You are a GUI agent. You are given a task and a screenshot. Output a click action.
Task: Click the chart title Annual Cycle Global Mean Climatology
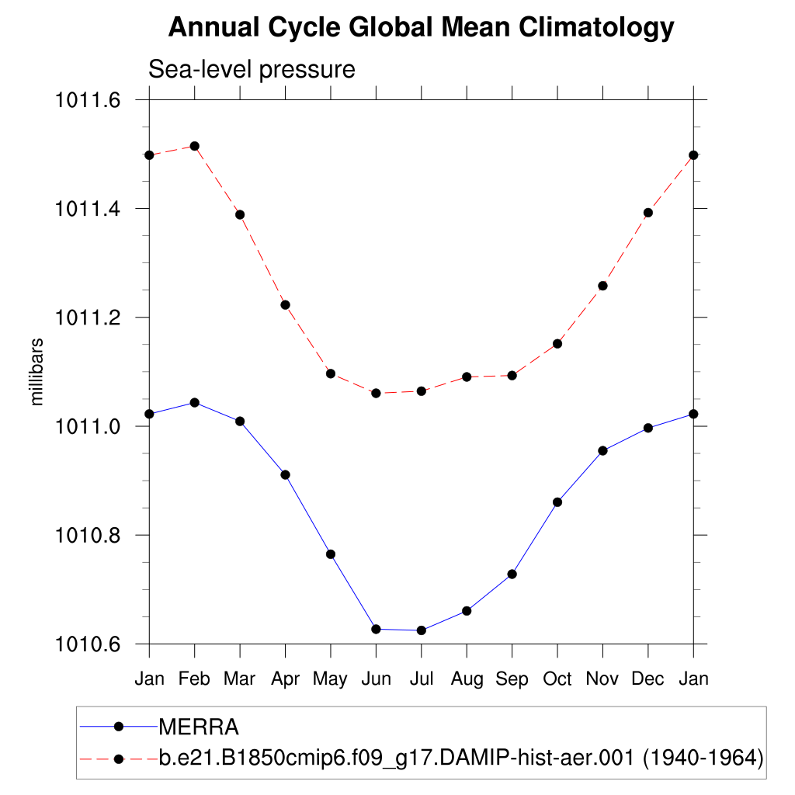click(422, 28)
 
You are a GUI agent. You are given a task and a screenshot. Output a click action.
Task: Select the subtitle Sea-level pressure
click(252, 70)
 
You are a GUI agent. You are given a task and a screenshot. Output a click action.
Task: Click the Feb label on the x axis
click(194, 679)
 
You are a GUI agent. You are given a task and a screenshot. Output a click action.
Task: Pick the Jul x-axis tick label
click(422, 679)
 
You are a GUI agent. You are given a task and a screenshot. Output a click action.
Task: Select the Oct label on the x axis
click(557, 679)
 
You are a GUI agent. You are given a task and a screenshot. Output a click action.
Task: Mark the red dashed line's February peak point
click(195, 146)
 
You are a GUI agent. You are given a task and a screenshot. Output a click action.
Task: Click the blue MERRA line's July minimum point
click(422, 630)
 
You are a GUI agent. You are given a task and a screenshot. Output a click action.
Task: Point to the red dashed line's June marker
click(376, 393)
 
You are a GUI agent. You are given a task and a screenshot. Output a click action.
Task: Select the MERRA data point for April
click(286, 474)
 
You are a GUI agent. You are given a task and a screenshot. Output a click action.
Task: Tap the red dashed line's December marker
click(648, 213)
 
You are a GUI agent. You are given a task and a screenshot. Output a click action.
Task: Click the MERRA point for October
click(557, 502)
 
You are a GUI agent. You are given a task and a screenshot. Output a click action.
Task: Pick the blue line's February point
click(195, 402)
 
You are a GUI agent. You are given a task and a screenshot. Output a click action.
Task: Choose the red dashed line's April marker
click(286, 304)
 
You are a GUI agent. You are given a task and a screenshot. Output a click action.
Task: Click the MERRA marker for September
click(512, 574)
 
